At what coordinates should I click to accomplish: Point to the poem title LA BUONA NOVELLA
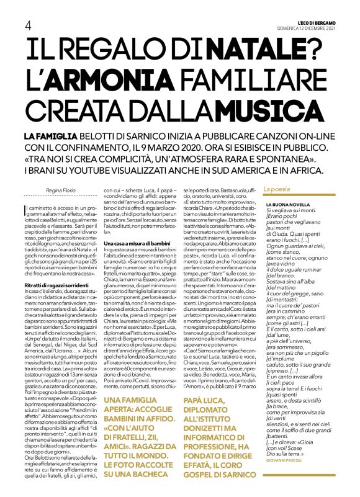(287, 204)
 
